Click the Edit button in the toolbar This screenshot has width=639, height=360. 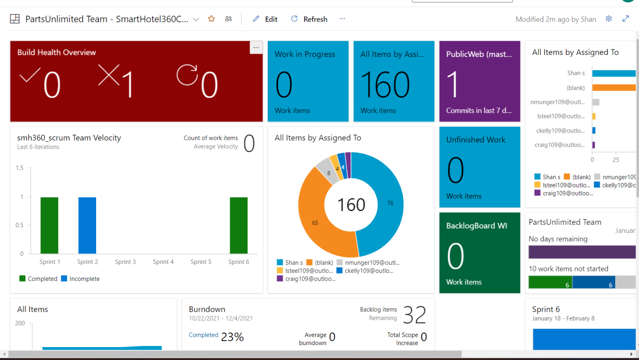point(265,19)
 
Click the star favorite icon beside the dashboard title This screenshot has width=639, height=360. point(211,19)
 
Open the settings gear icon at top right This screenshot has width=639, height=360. point(609,19)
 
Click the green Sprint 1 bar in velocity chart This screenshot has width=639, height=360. point(49,225)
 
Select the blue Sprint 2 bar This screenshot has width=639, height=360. point(87,225)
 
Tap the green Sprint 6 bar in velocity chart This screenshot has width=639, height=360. point(238,225)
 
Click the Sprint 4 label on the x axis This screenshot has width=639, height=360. point(163,262)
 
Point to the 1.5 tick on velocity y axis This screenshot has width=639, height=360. point(20,168)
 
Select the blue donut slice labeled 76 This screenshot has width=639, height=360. point(385,204)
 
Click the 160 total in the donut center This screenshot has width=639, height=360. point(351,205)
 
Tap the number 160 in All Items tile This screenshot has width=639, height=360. point(385,85)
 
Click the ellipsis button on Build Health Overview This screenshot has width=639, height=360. point(256,48)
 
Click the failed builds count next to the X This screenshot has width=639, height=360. point(127,84)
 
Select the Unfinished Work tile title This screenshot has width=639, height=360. point(476,140)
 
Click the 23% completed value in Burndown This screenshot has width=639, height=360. point(232,337)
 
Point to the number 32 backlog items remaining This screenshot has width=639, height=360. point(414,315)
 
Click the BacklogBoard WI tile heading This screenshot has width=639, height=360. point(476,226)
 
